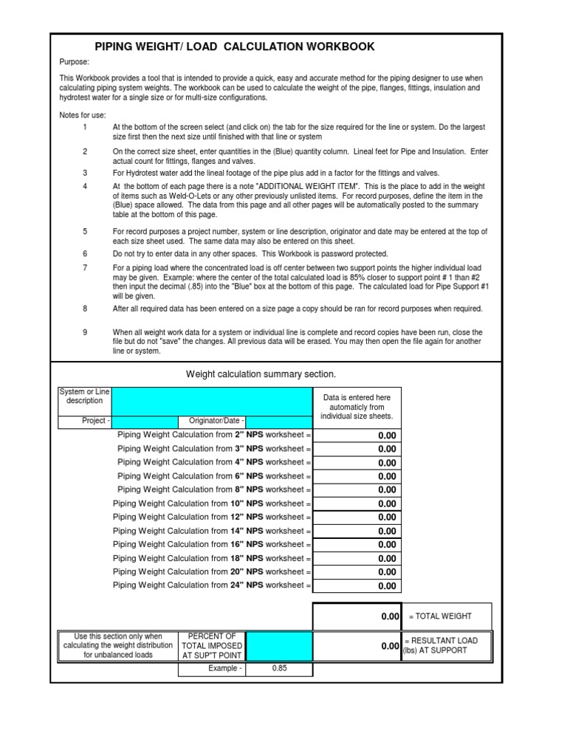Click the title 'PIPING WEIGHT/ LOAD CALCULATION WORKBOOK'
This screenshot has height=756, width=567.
coord(235,47)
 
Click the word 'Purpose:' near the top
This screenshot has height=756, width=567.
coord(74,63)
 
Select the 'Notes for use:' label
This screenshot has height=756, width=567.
coord(83,115)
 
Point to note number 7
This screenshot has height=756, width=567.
coord(85,267)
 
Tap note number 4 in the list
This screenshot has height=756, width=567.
coord(85,186)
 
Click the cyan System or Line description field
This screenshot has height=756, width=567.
coord(212,401)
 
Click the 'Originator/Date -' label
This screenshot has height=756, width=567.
coord(217,422)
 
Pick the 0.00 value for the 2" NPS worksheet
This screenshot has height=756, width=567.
coord(357,436)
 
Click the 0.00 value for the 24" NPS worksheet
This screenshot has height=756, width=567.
coord(357,586)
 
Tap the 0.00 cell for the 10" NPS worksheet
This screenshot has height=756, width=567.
coord(357,504)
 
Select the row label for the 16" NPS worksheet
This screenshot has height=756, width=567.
coord(212,544)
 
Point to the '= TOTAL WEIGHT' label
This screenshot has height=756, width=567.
coord(440,616)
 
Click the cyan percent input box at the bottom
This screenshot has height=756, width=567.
coord(279,646)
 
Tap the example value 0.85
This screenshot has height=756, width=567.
coord(279,669)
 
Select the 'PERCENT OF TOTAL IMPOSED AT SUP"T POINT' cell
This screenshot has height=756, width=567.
coord(212,646)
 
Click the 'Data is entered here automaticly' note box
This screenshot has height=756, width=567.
coord(357,408)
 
